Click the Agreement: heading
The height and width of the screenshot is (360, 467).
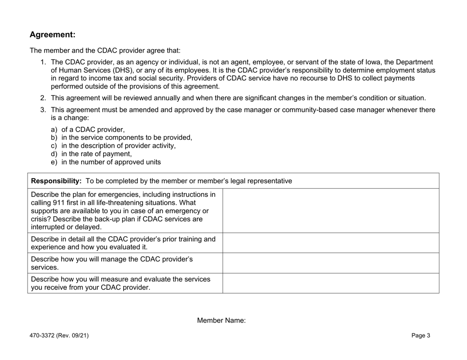53,35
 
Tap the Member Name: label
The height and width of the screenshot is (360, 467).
221,320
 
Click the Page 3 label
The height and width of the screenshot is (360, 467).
421,336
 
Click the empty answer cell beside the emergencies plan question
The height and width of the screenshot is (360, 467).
330,211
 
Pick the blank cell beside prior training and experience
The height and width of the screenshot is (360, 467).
330,243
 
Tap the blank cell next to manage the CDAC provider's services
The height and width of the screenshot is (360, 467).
330,263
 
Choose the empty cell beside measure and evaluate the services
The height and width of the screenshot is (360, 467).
330,283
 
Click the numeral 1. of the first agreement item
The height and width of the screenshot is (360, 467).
43,62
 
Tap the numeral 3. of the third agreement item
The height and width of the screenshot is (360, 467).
43,110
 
